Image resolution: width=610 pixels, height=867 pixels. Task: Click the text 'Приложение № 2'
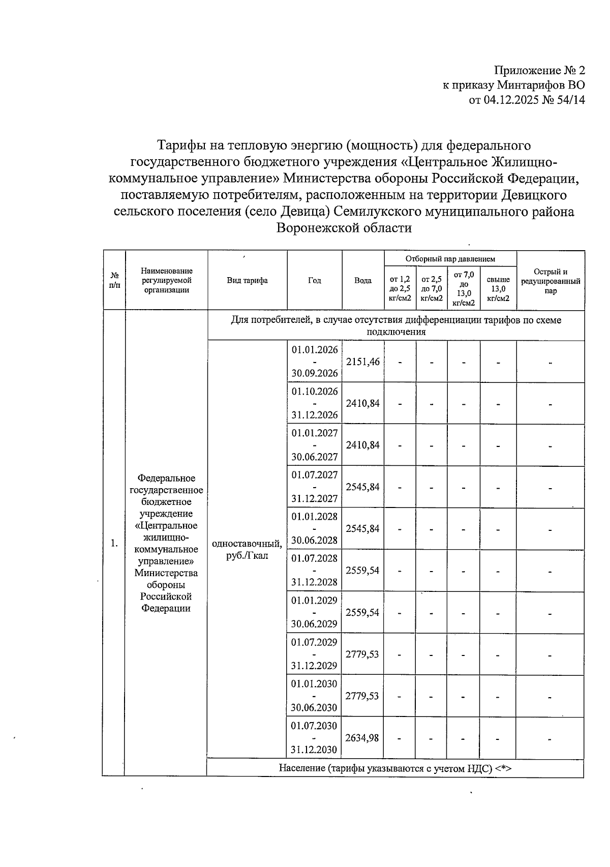click(x=539, y=70)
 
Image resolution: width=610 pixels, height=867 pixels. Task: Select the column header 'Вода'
click(x=362, y=280)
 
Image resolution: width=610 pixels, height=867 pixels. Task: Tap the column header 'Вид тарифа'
click(x=247, y=280)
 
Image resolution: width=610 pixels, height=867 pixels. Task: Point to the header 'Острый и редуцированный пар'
click(x=551, y=281)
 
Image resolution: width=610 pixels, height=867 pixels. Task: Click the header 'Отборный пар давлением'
click(x=450, y=259)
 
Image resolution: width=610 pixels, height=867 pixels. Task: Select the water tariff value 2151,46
click(x=362, y=362)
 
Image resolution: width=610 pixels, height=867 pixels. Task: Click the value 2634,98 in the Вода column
click(x=362, y=738)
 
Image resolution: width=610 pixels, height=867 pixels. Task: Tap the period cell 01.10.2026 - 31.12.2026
click(x=314, y=403)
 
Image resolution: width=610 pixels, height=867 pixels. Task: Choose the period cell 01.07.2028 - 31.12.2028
click(x=314, y=570)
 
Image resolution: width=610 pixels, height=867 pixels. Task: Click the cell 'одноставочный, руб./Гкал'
click(x=247, y=550)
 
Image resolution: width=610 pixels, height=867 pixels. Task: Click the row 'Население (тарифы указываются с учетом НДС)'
click(x=395, y=768)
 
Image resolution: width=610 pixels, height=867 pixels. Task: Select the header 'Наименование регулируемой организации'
click(x=167, y=280)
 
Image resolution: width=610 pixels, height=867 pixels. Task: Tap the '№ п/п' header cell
click(x=114, y=280)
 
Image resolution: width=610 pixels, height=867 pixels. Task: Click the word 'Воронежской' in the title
click(x=314, y=228)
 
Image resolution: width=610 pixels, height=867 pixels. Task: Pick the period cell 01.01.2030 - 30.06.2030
click(x=314, y=696)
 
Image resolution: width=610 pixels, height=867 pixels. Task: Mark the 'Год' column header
click(x=314, y=280)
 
